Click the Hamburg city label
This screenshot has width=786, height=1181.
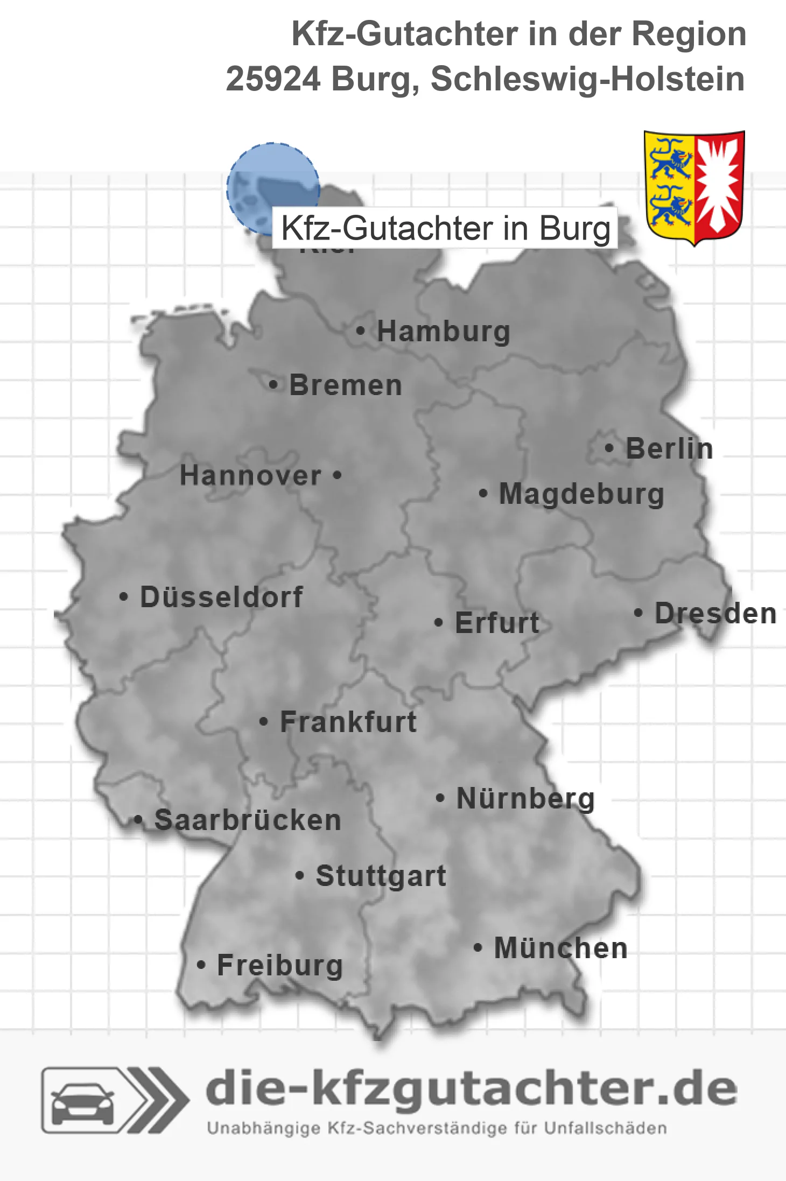click(443, 331)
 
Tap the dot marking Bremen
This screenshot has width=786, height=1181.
click(273, 385)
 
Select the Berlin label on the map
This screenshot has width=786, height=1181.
click(669, 448)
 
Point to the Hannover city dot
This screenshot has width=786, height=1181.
click(337, 475)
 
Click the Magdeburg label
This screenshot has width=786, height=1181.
click(581, 494)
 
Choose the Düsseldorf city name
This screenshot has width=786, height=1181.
click(221, 597)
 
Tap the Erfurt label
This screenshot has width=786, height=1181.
click(497, 623)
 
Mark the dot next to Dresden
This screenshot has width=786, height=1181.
click(638, 613)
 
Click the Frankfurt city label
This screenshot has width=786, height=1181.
click(348, 722)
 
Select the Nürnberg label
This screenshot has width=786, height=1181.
click(525, 798)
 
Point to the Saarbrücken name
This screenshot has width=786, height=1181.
click(248, 820)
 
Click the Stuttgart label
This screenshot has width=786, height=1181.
click(381, 876)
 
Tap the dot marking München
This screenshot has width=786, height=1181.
click(478, 948)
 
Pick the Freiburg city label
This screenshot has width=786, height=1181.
click(280, 965)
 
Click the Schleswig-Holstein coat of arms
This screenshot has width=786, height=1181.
click(694, 187)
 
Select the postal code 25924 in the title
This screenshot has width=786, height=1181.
click(273, 79)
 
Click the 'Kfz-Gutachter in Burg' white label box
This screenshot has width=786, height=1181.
click(445, 228)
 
